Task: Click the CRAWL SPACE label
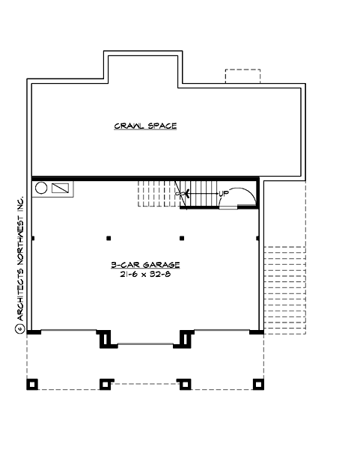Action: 145,126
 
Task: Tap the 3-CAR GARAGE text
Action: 145,265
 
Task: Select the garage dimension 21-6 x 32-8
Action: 145,275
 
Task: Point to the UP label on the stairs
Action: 223,194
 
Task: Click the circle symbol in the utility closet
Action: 42,189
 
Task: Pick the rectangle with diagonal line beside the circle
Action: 61,189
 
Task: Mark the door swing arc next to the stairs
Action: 244,195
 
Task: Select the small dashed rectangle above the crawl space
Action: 243,77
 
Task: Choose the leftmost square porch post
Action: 32,385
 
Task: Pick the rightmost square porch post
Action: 259,385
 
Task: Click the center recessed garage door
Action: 145,344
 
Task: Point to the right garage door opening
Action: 222,331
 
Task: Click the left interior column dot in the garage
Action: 109,239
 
